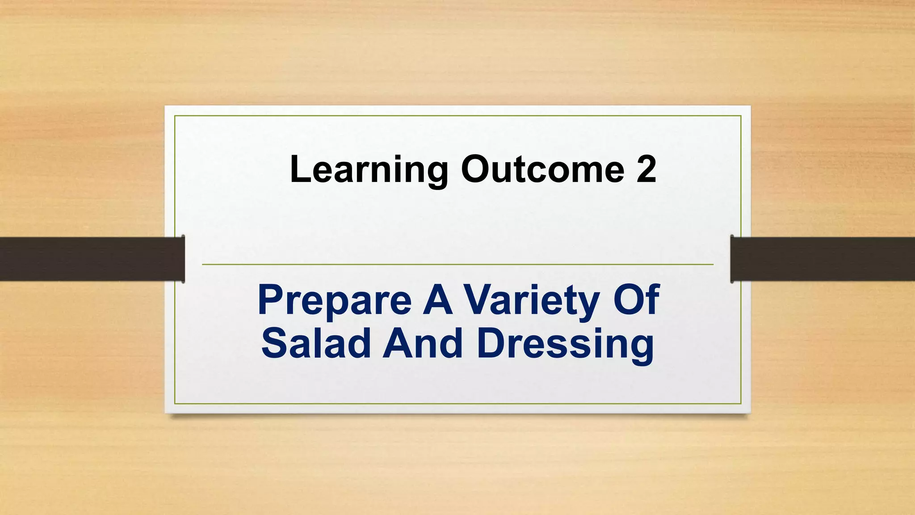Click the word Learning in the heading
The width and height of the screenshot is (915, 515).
(369, 169)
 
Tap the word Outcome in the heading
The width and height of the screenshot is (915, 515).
(542, 169)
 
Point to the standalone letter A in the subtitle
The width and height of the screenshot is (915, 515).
(438, 300)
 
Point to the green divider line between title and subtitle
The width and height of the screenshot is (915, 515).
(457, 265)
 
